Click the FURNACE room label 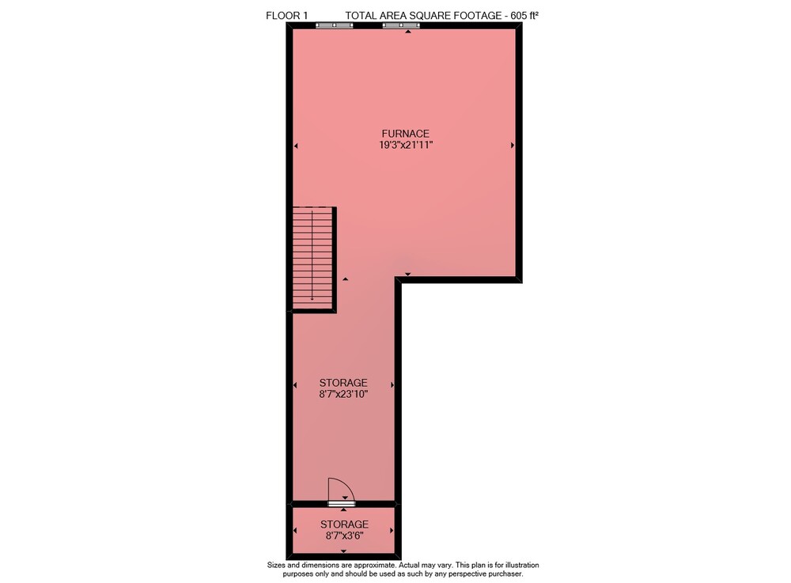pos(406,134)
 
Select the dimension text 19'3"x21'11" pos(406,146)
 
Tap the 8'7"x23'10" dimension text pos(343,395)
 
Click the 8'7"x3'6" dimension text pos(345,536)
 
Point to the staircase pos(312,258)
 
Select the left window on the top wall pos(334,25)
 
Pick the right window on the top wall pos(401,25)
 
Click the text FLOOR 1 pos(286,16)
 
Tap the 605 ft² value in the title pos(524,16)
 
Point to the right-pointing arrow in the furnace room pos(513,146)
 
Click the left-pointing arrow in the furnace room pos(296,146)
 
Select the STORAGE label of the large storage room pos(343,383)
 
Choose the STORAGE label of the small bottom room pos(345,524)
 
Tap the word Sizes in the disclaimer pos(276,565)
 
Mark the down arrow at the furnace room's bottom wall pos(407,274)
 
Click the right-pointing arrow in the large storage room pos(392,384)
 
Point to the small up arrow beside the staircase pos(346,278)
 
